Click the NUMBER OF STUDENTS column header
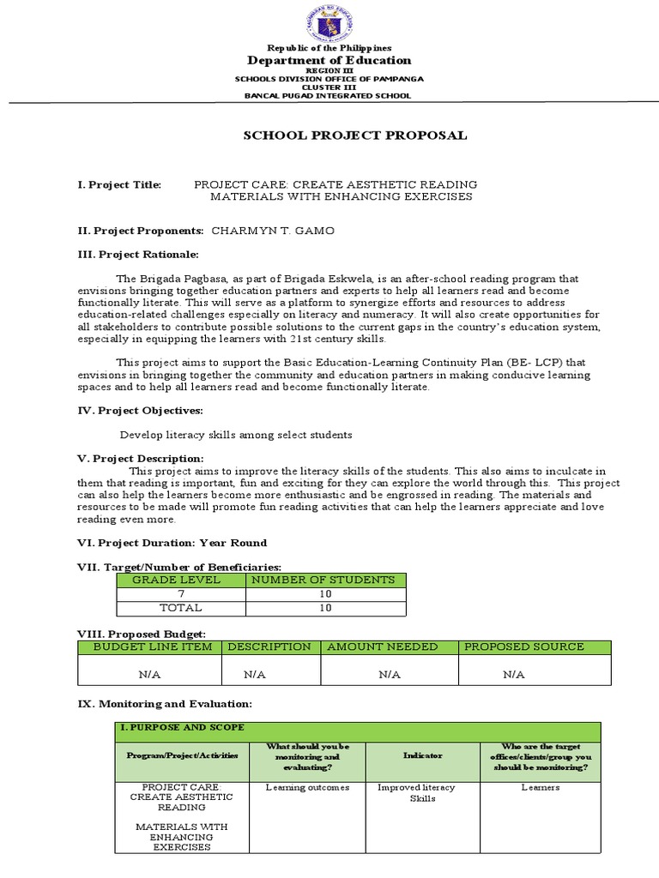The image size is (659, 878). pos(326,580)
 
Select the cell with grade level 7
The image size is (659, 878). pos(181,593)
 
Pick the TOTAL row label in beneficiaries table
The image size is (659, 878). pos(181,607)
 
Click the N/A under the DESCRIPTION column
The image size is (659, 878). pos(254,675)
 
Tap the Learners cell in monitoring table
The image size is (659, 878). pos(541,787)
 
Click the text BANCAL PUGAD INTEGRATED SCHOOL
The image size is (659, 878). pos(329,95)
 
